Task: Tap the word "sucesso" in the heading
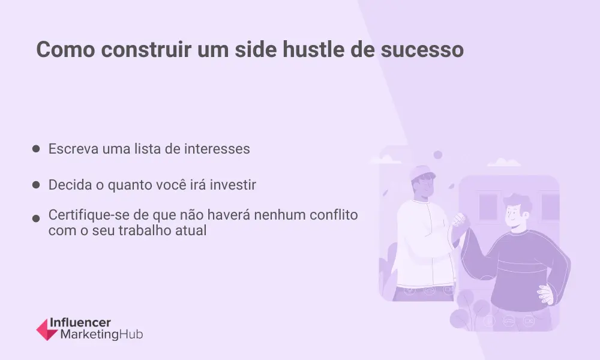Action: [x=422, y=50]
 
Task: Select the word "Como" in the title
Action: [x=65, y=50]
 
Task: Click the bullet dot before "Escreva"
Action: [x=36, y=148]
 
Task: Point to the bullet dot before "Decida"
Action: [x=36, y=185]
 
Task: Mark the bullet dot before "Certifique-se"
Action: [x=36, y=218]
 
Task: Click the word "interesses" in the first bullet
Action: [x=217, y=148]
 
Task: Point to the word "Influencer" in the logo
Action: [x=80, y=323]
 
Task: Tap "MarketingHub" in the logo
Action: [x=101, y=334]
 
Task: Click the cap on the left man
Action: [x=422, y=173]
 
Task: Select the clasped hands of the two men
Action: [x=459, y=221]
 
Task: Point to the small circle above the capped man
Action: [x=438, y=155]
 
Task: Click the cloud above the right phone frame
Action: [x=504, y=162]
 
